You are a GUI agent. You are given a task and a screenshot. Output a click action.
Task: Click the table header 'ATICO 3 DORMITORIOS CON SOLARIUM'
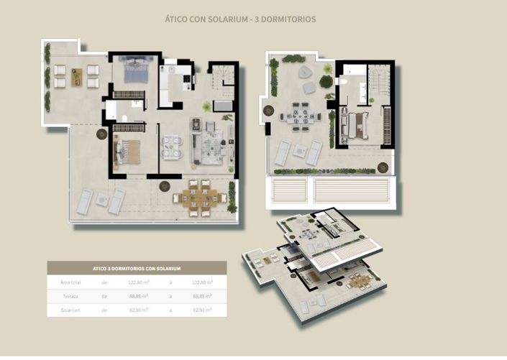pos(137,268)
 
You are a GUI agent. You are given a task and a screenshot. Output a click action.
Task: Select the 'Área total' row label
pos(70,282)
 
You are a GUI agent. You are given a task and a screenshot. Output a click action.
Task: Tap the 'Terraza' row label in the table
pos(70,296)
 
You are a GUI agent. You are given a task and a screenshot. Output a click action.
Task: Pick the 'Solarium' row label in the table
pos(70,310)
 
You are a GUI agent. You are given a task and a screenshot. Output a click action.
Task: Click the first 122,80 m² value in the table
pos(139,282)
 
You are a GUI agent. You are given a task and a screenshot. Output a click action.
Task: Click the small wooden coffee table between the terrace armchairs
pos(76,76)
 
